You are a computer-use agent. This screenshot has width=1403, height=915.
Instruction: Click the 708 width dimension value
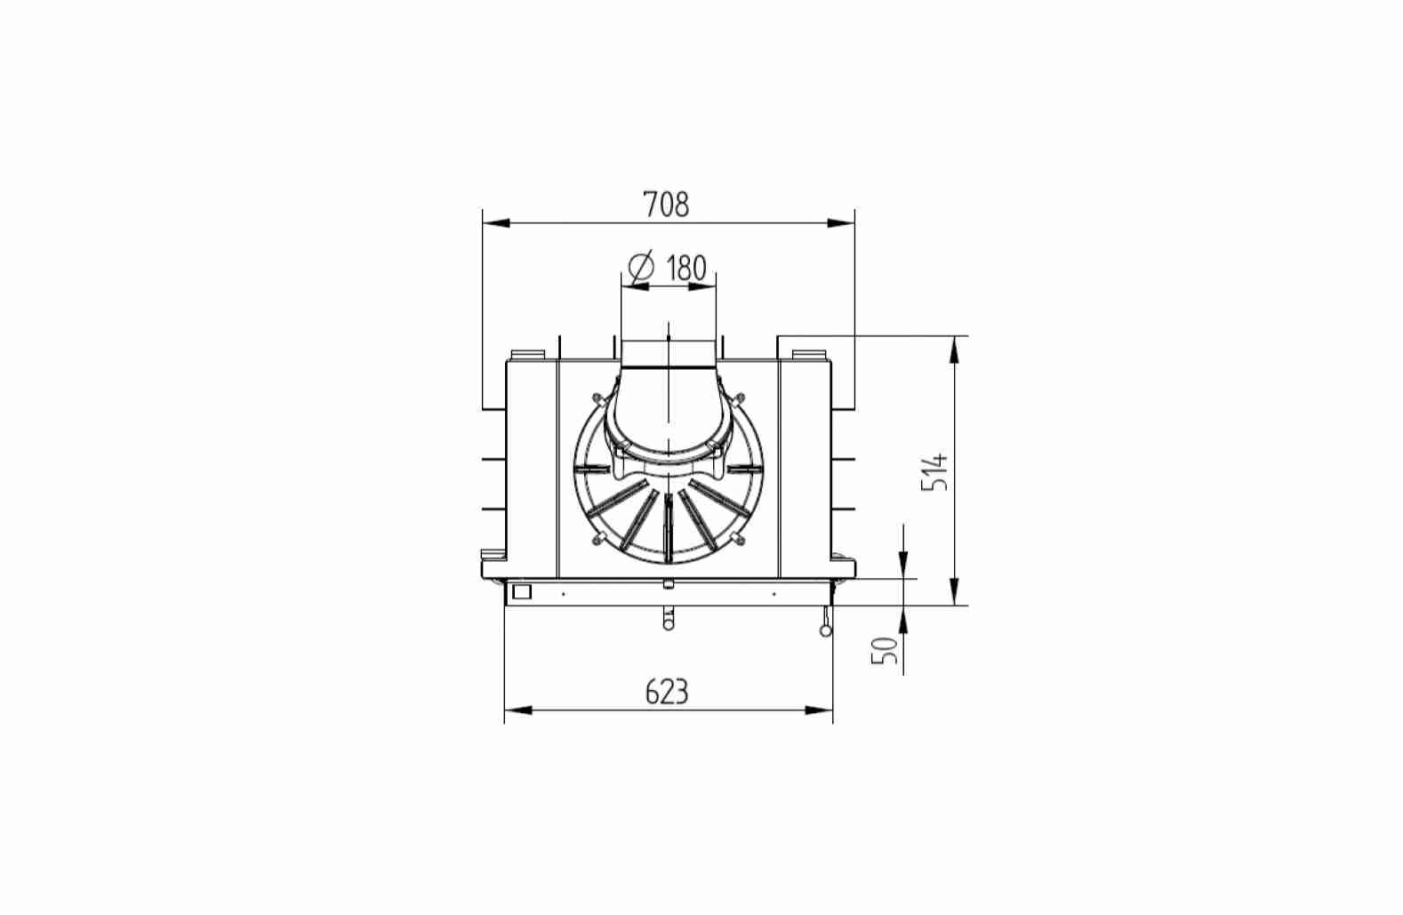click(x=666, y=205)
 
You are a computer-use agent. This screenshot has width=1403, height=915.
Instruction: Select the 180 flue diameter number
click(x=685, y=268)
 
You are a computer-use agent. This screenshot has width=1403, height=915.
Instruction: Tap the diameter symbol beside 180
click(x=641, y=268)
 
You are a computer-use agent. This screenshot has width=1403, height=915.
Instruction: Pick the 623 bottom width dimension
click(x=667, y=692)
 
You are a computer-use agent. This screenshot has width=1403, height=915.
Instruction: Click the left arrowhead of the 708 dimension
click(x=496, y=223)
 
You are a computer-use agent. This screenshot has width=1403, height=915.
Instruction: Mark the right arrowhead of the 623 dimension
click(x=819, y=710)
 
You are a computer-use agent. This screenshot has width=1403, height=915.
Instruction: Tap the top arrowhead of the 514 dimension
click(x=954, y=349)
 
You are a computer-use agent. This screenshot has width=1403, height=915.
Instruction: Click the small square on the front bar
click(x=521, y=591)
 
